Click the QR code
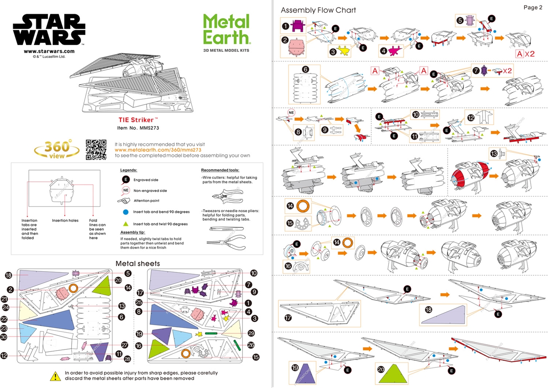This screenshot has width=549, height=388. (x=96, y=150)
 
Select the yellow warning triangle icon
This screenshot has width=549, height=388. (x=55, y=376)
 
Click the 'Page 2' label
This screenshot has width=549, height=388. (x=533, y=7)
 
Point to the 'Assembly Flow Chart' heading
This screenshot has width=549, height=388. (x=318, y=10)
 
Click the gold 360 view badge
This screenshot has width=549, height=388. (x=57, y=149)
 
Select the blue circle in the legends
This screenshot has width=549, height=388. (x=126, y=212)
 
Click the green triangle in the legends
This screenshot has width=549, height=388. (x=126, y=224)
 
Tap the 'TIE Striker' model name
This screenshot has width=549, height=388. (x=138, y=120)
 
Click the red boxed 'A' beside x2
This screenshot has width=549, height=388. (x=520, y=54)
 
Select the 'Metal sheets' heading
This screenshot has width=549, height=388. (x=137, y=263)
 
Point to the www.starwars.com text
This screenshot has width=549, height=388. (x=49, y=51)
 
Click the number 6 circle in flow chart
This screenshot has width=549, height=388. (x=305, y=69)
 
